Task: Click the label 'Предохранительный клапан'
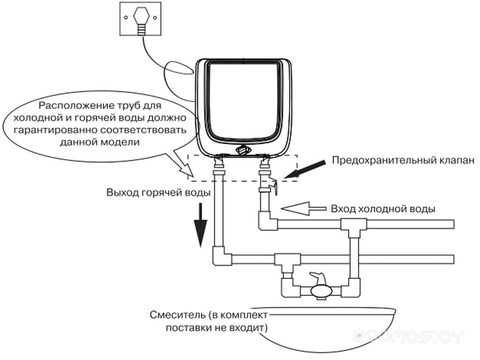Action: click(x=403, y=160)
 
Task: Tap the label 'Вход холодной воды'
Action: click(x=383, y=209)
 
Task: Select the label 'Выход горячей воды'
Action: click(x=158, y=193)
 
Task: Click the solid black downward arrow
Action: click(x=200, y=225)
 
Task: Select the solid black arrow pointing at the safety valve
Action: click(x=304, y=169)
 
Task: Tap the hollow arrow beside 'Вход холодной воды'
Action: click(x=303, y=209)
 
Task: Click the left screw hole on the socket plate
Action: click(x=126, y=18)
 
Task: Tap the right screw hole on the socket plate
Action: click(x=155, y=18)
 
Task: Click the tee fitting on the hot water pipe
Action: click(x=287, y=262)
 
